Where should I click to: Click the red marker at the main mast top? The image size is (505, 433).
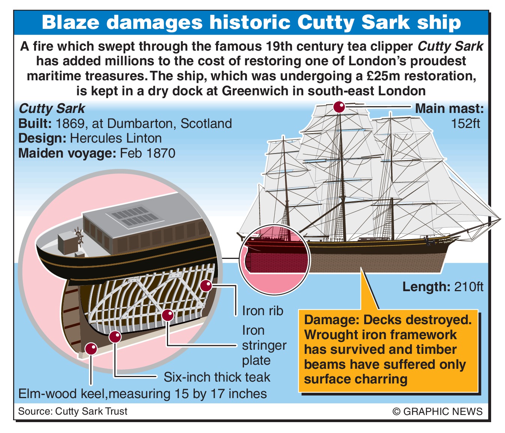tap(339, 107)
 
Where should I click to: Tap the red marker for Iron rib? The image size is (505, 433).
tap(206, 286)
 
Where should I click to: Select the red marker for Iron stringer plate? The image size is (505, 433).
tap(167, 315)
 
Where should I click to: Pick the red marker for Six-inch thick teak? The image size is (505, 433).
tap(115, 337)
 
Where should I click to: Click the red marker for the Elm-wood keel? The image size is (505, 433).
tap(91, 349)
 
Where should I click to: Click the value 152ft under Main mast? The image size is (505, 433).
tap(465, 123)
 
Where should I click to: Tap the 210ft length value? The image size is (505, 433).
tap(469, 287)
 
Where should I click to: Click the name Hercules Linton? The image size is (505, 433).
tap(116, 138)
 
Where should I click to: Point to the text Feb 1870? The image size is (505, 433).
tap(147, 153)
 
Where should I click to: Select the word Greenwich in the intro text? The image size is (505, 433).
tap(260, 91)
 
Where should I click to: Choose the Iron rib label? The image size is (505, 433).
tap(263, 311)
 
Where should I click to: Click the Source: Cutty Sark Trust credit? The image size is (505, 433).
tap(73, 411)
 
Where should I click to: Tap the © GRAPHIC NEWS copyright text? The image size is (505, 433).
tap(437, 411)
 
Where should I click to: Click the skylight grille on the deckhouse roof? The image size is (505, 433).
tap(135, 218)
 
